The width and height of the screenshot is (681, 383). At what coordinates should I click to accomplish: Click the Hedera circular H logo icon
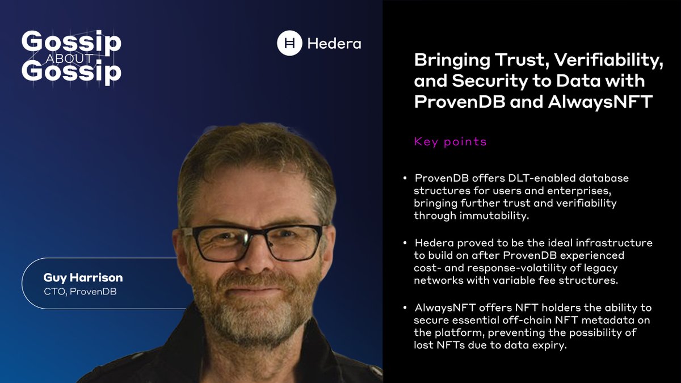tap(289, 43)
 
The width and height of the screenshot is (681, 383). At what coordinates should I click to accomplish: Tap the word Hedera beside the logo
tap(334, 44)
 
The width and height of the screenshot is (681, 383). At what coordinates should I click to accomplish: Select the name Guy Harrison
tap(83, 278)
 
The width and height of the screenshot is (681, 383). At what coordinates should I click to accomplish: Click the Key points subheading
tap(451, 142)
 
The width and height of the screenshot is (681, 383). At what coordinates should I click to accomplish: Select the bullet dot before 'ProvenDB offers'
tap(405, 179)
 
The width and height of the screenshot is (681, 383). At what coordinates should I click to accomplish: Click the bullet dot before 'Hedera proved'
tap(405, 243)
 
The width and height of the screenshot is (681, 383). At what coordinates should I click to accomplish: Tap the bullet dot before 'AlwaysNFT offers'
tap(405, 308)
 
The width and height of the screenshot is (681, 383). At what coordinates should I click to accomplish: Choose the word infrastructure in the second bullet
tap(616, 243)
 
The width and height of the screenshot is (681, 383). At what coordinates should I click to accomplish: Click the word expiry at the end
tap(550, 346)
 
